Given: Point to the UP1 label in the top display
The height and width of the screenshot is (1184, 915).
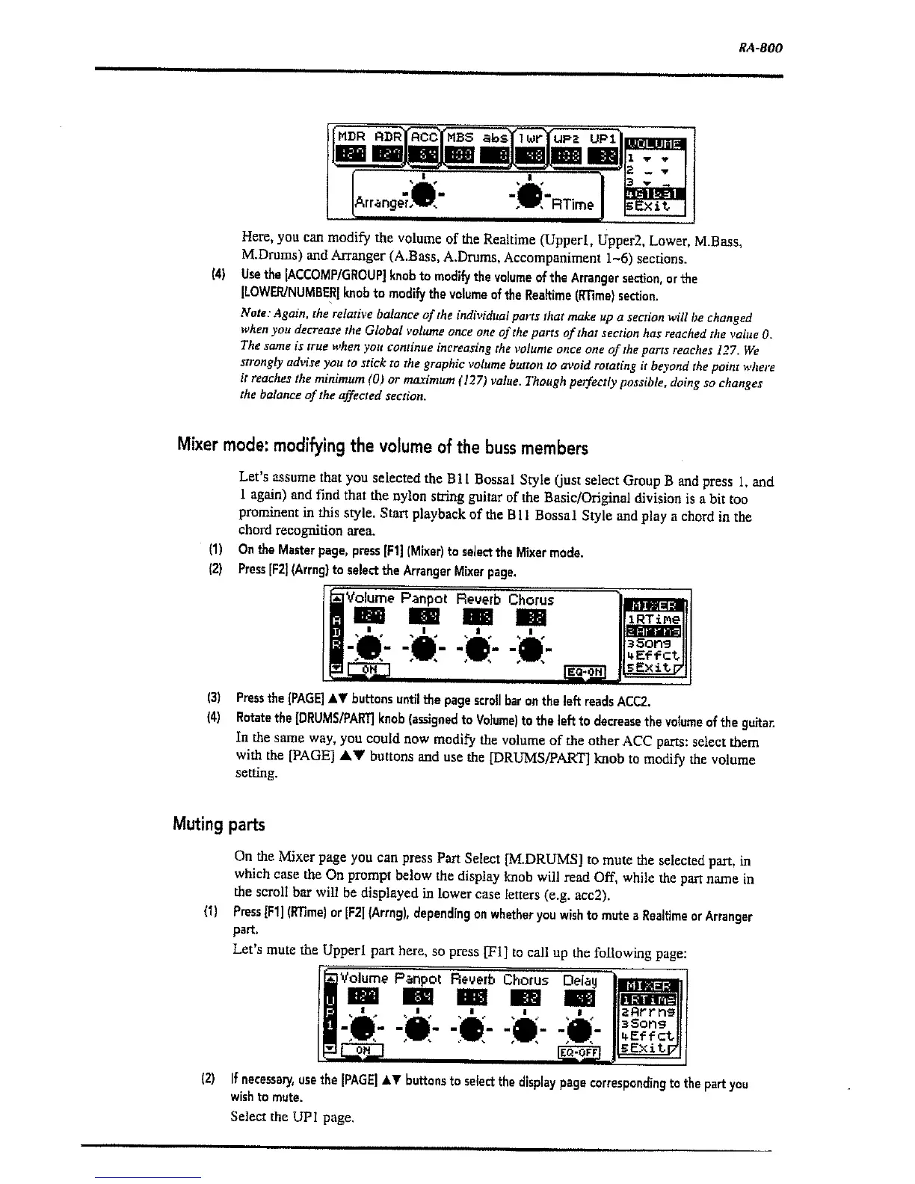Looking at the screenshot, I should (x=602, y=138).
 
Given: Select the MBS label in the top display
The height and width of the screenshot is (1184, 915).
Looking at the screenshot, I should (x=460, y=138).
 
